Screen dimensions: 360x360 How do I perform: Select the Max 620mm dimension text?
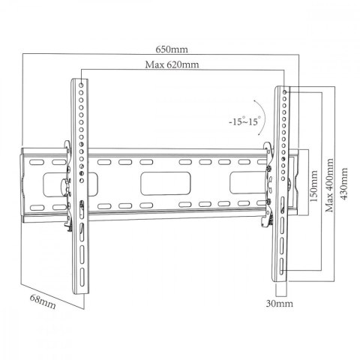point(172,64)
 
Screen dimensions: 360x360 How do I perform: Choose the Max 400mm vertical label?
point(328,186)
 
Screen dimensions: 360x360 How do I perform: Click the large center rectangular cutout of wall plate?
point(157,182)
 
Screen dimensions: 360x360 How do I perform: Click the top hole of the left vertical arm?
point(80,85)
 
